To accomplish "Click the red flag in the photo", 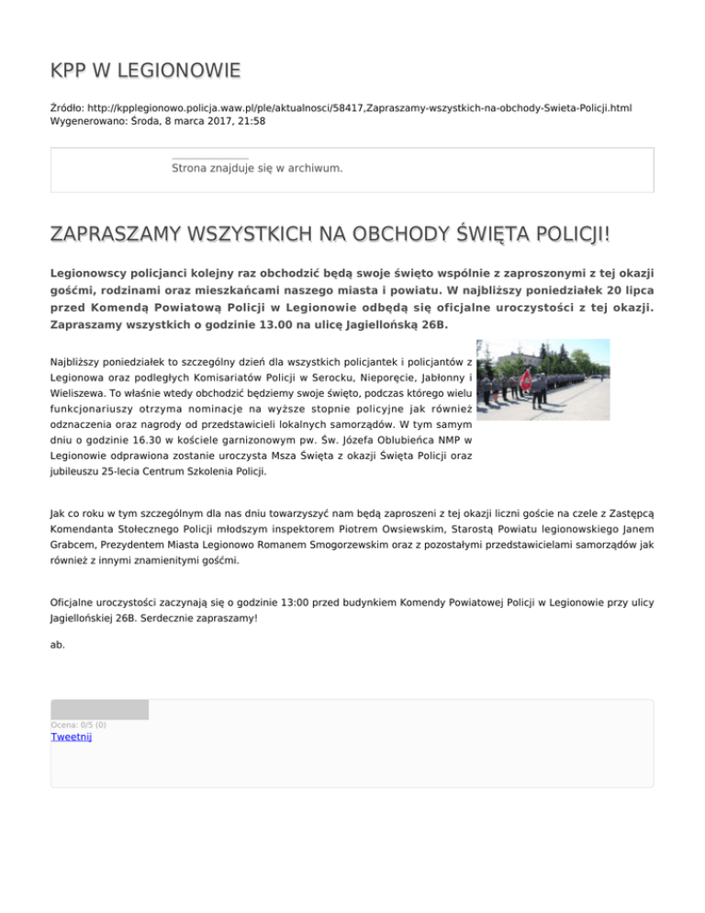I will pyautogui.click(x=526, y=379).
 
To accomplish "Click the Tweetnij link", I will pyautogui.click(x=72, y=736).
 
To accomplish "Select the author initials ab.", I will pyautogui.click(x=58, y=645).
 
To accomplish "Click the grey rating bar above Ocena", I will pyautogui.click(x=99, y=709).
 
